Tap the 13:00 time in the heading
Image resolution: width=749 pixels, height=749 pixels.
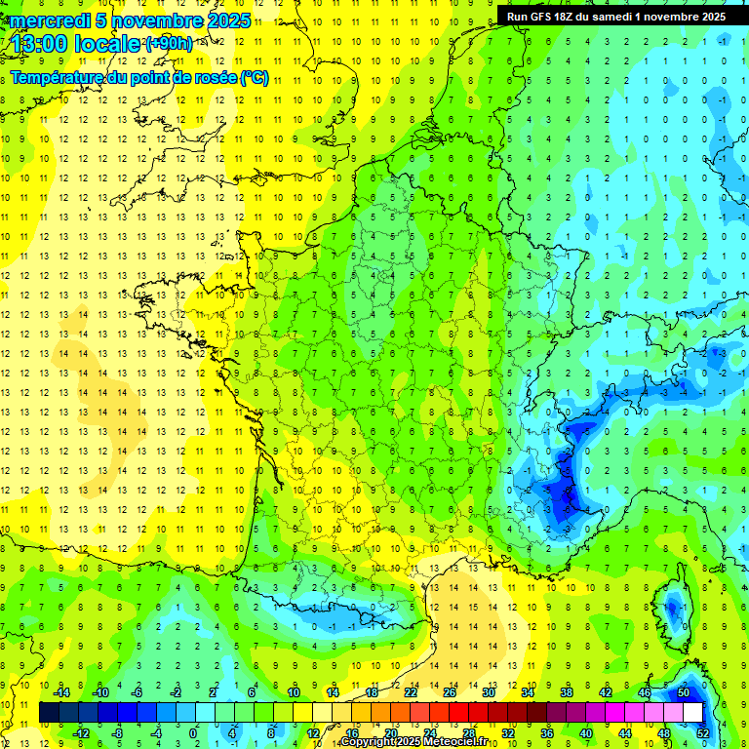(x=42, y=44)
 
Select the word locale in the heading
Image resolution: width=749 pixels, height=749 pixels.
(x=111, y=44)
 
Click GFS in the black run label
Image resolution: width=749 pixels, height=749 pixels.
(x=539, y=17)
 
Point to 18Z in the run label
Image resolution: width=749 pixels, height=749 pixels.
(x=564, y=17)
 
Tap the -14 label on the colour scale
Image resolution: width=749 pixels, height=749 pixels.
(x=60, y=692)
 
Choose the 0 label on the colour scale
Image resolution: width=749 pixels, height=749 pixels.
(x=193, y=733)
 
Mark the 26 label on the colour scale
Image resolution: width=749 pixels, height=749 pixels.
(x=450, y=692)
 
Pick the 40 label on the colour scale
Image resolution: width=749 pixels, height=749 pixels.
(x=585, y=733)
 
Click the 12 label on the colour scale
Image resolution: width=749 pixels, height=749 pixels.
(x=313, y=733)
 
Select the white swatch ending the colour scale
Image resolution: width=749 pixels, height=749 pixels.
(x=692, y=712)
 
